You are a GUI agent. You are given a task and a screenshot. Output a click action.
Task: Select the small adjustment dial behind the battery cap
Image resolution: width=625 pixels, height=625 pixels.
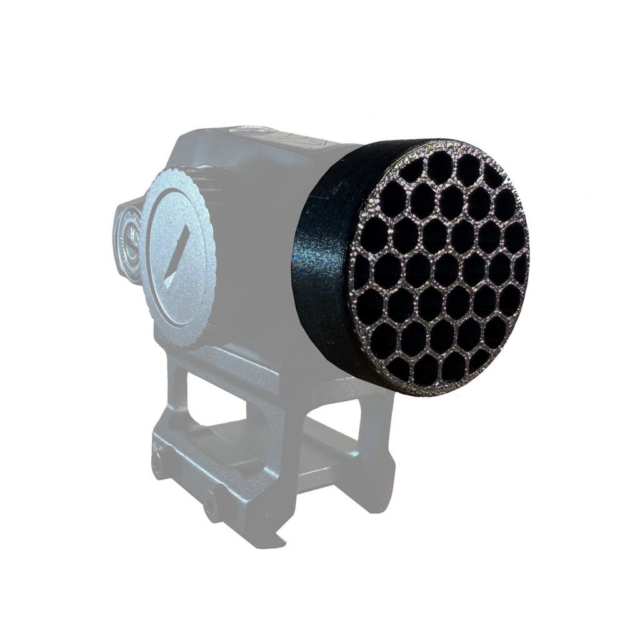tap(127, 244)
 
